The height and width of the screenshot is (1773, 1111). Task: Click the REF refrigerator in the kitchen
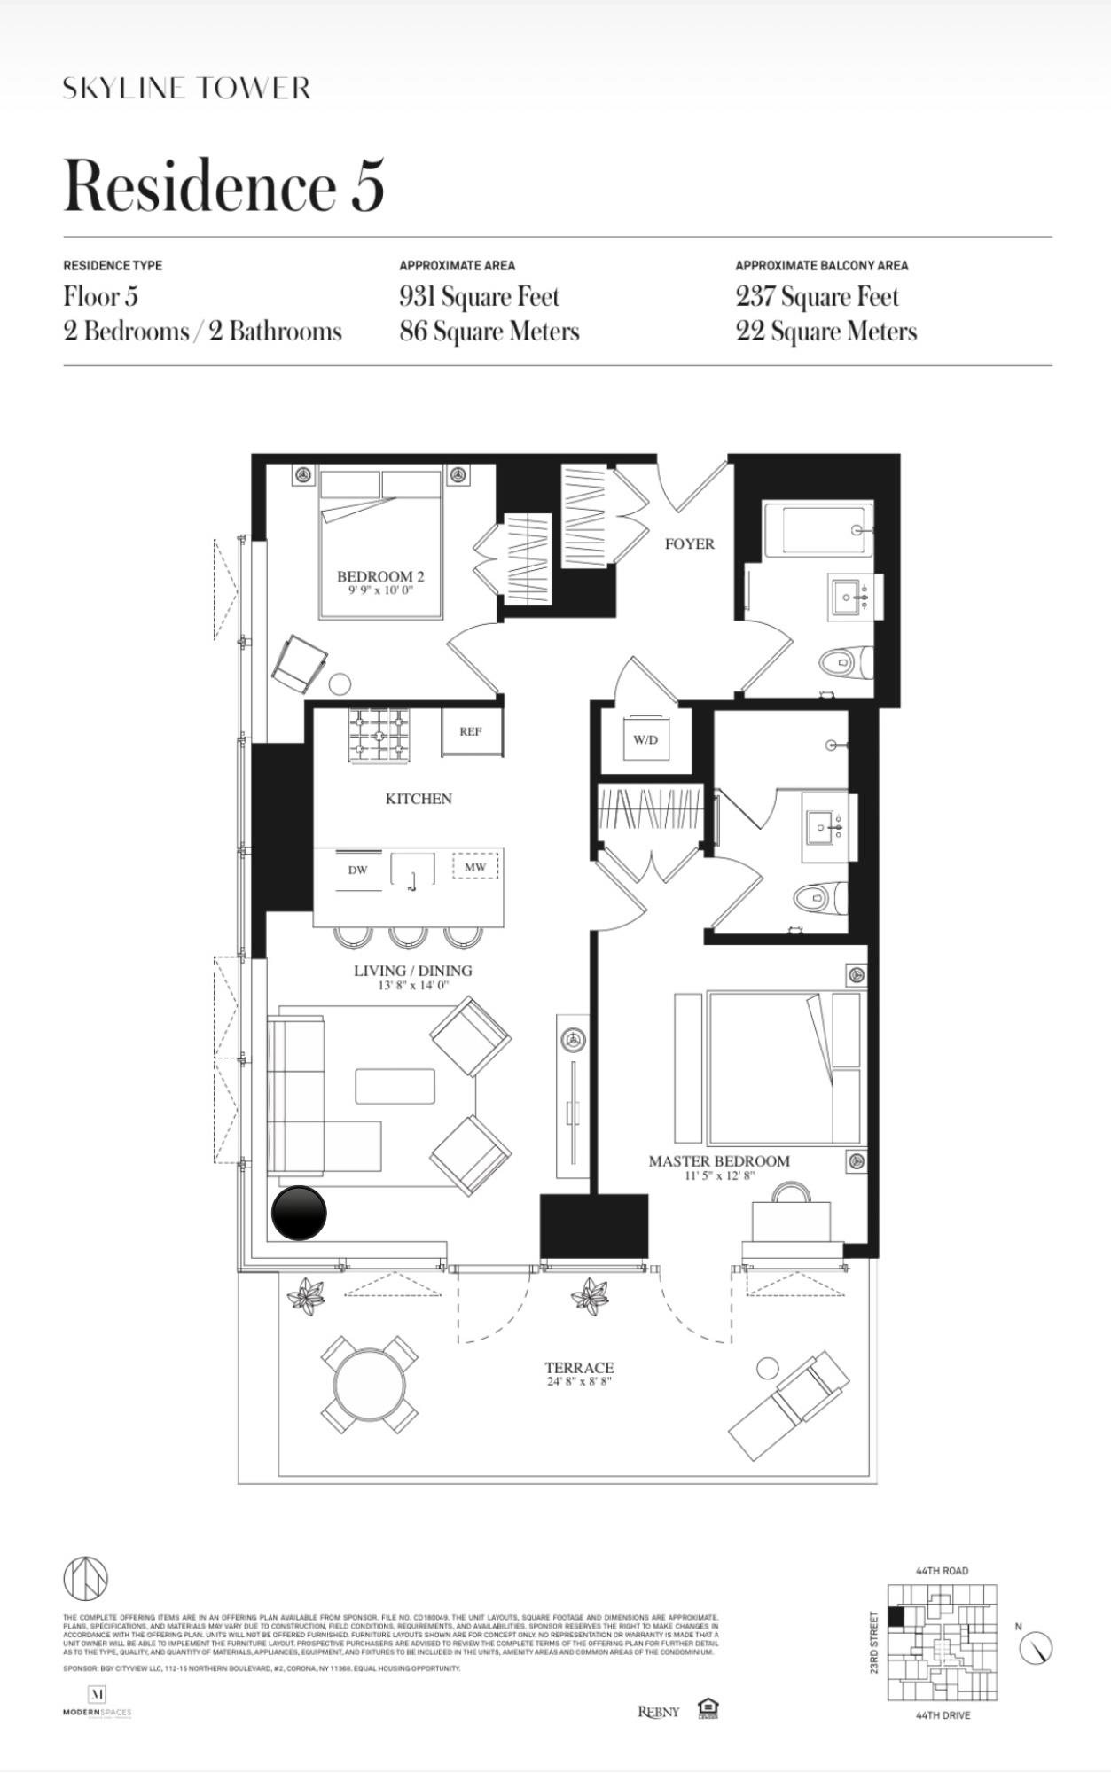click(472, 732)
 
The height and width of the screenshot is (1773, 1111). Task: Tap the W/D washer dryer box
click(645, 740)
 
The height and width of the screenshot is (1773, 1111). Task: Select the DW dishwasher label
click(357, 870)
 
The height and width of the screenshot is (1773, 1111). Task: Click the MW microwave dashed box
click(475, 866)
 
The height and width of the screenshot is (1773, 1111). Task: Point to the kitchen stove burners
click(379, 735)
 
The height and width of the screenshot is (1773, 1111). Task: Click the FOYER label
click(689, 543)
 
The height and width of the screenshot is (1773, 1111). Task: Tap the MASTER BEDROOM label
click(718, 1161)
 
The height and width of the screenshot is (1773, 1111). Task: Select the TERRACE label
click(579, 1368)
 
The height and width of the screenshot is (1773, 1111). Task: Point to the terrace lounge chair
click(788, 1404)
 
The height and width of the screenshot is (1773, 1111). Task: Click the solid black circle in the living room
click(299, 1213)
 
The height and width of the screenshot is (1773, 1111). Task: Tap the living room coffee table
click(395, 1085)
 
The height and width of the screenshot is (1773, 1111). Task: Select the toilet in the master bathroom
click(820, 898)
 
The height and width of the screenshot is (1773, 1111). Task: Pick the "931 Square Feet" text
click(479, 297)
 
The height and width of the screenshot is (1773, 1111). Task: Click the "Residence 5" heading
click(223, 185)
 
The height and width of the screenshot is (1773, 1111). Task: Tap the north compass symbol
click(1035, 1648)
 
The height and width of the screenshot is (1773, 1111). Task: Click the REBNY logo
click(659, 1711)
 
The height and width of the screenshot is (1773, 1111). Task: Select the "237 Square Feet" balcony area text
click(817, 297)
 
